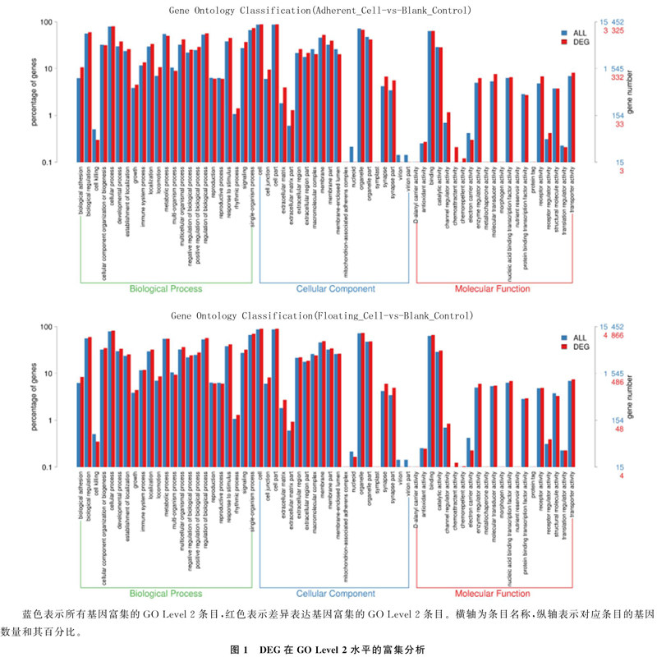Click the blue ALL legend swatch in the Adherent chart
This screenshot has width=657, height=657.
click(564, 33)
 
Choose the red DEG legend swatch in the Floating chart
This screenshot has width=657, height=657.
click(564, 347)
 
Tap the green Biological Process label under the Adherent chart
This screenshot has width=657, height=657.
click(167, 290)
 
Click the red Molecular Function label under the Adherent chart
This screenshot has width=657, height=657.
click(498, 290)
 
